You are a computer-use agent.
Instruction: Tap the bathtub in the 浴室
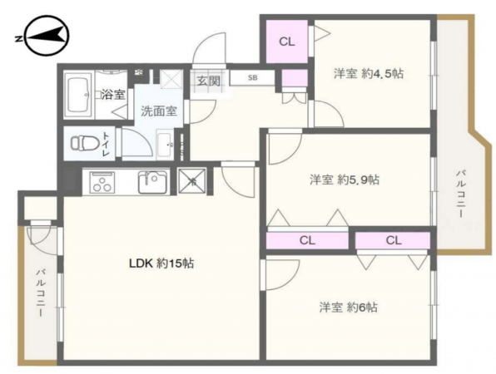pyautogui.click(x=78, y=95)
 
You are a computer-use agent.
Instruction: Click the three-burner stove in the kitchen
pyautogui.click(x=102, y=182)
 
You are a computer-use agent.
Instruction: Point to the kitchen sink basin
pyautogui.click(x=152, y=182)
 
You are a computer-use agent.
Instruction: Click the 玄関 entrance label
pyautogui.click(x=208, y=81)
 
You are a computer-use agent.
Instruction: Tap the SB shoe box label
pyautogui.click(x=252, y=77)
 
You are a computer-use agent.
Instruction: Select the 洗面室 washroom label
pyautogui.click(x=158, y=111)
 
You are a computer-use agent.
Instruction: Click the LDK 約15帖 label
pyautogui.click(x=161, y=263)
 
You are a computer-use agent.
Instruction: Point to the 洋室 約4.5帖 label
pyautogui.click(x=369, y=74)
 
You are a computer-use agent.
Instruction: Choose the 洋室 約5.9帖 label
pyautogui.click(x=345, y=180)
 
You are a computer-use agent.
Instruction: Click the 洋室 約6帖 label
pyautogui.click(x=348, y=307)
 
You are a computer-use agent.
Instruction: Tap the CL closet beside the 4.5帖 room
pyautogui.click(x=286, y=42)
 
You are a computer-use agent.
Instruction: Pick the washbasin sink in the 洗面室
pyautogui.click(x=165, y=144)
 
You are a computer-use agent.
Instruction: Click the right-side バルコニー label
pyautogui.click(x=461, y=194)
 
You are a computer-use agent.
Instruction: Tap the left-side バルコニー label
pyautogui.click(x=41, y=293)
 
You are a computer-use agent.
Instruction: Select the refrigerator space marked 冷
pyautogui.click(x=191, y=181)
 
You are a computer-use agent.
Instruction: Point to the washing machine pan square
pyautogui.click(x=171, y=78)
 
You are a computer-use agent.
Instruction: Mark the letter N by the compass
pyautogui.click(x=18, y=39)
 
